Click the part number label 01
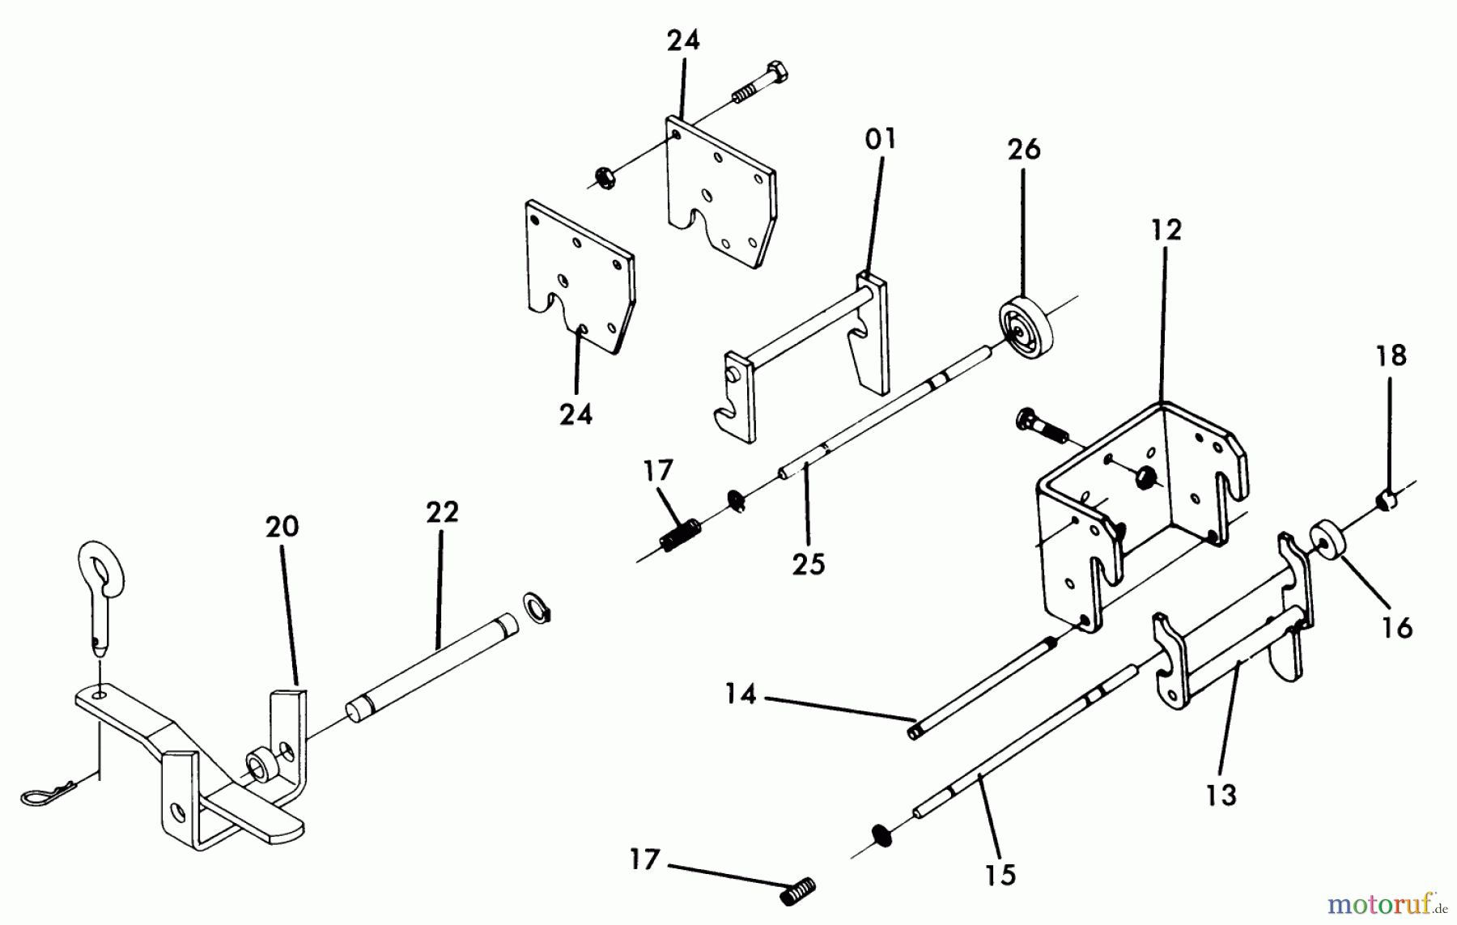click(881, 140)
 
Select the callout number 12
click(1166, 230)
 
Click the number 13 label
click(1221, 795)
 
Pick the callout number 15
click(1000, 875)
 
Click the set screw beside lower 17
click(797, 893)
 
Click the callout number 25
click(809, 563)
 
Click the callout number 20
click(282, 527)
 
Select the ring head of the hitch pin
click(101, 564)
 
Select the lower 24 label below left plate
click(576, 414)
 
